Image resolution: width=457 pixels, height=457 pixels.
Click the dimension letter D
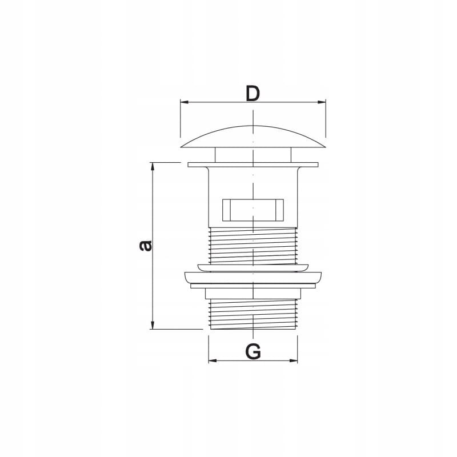(252, 93)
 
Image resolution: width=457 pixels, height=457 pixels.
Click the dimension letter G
(253, 351)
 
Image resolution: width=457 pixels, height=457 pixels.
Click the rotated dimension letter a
(146, 246)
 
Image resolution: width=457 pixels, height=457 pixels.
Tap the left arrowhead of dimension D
(185, 102)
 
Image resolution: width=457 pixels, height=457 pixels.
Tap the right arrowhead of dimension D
(322, 102)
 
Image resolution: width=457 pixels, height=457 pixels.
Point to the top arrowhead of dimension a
(152, 167)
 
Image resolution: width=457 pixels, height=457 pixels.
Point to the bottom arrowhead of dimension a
(152, 325)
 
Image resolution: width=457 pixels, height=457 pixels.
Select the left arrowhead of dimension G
(213, 360)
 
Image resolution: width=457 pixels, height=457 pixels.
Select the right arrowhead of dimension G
(293, 360)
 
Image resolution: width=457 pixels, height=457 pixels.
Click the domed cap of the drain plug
(253, 137)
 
